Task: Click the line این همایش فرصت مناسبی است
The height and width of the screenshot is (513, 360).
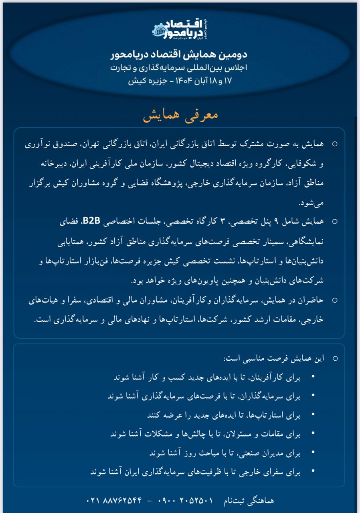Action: point(276,358)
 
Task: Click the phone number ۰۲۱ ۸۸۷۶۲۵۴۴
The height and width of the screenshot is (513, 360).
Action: point(114,501)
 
